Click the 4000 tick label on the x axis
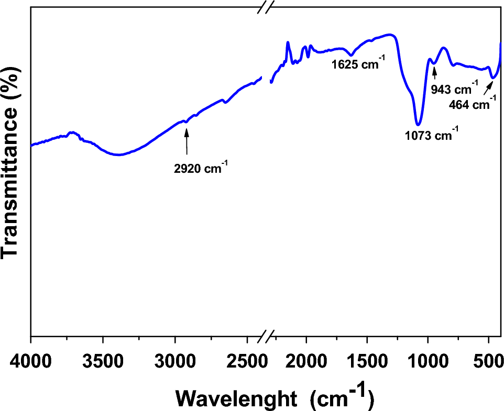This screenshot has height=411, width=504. click(x=31, y=361)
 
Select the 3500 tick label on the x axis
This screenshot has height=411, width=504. click(x=103, y=361)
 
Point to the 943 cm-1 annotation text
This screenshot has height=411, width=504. click(x=454, y=88)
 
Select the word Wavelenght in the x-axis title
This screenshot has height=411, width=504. click(x=238, y=397)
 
